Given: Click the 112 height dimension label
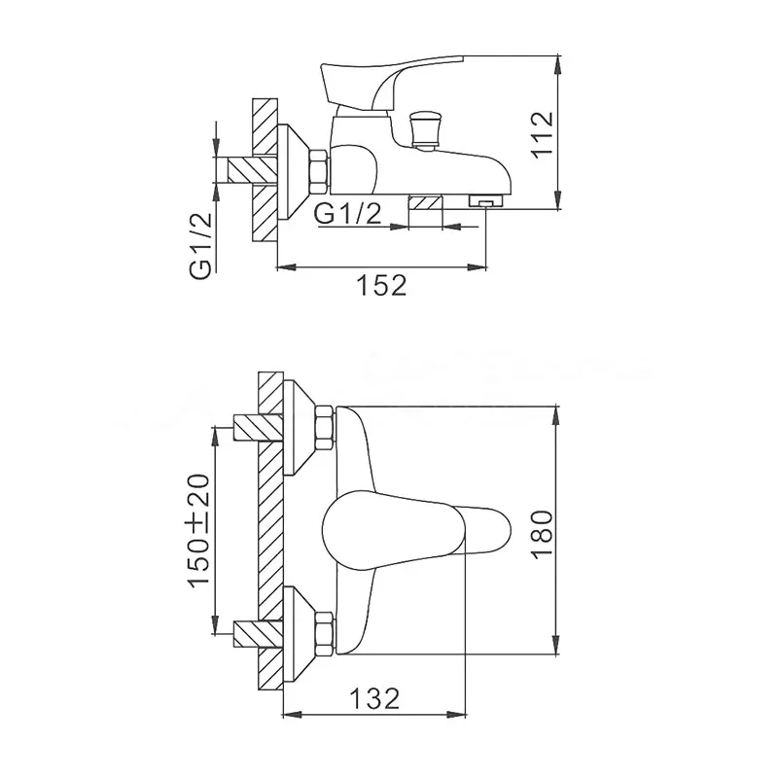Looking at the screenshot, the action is click(x=543, y=134).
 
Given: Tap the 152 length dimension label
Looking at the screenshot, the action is click(x=382, y=285).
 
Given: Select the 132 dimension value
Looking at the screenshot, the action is click(x=374, y=698).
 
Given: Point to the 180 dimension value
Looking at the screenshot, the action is click(x=542, y=534).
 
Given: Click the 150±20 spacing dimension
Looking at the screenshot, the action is click(x=199, y=530).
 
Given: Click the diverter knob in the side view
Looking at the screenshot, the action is click(x=422, y=130).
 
